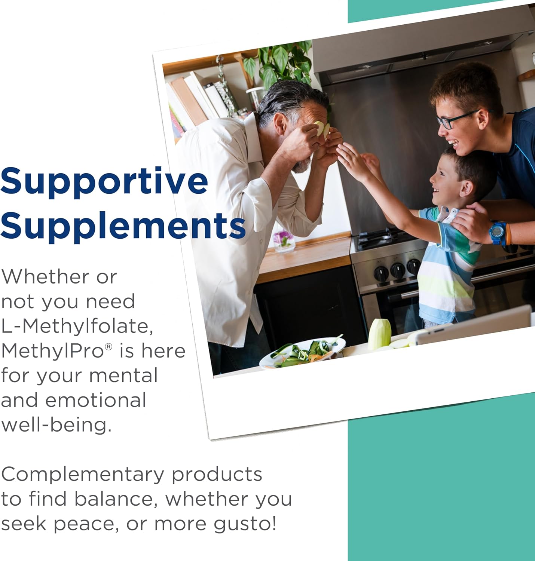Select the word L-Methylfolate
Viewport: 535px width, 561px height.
click(77, 326)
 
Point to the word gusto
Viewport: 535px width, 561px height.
click(245, 524)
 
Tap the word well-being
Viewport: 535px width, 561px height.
click(56, 425)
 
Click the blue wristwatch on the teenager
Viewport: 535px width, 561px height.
click(498, 233)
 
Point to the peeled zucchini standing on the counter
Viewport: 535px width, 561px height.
click(379, 334)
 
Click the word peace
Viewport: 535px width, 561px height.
click(84, 524)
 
